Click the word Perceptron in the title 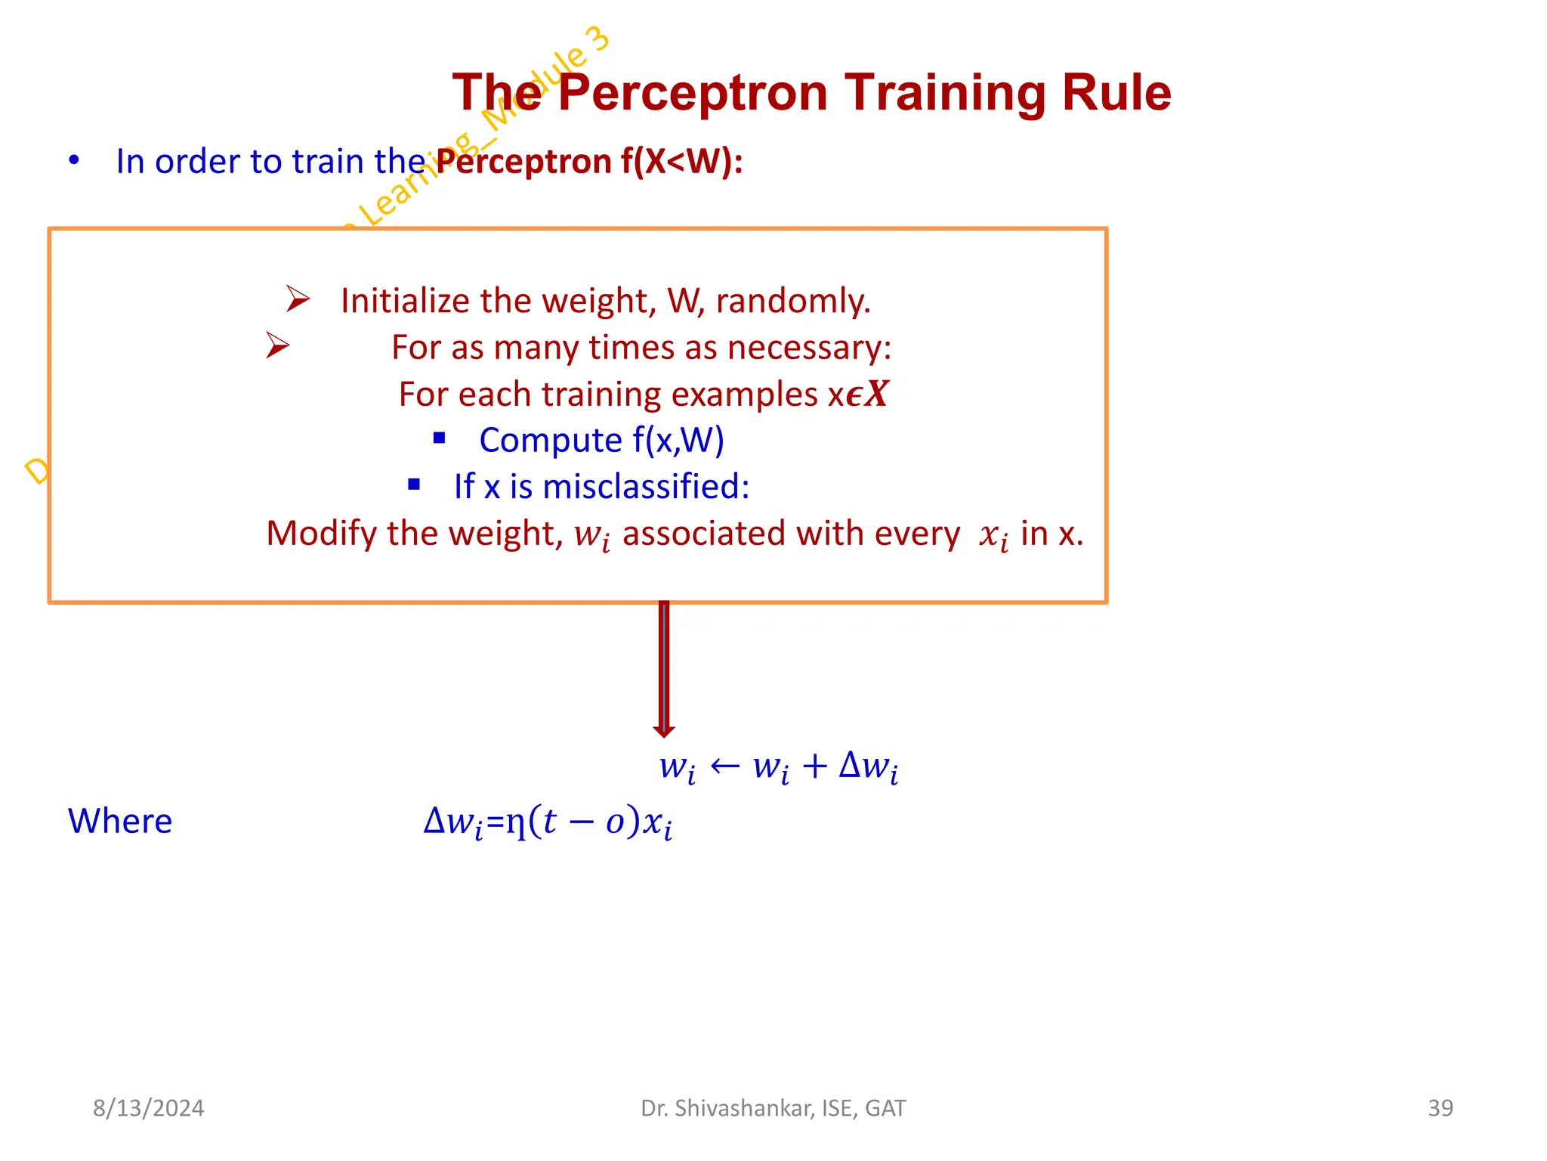[x=693, y=94]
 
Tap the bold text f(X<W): [x=681, y=162]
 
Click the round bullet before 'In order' [x=74, y=160]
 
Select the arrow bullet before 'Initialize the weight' [x=298, y=299]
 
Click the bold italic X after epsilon [x=876, y=393]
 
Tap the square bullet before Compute [x=440, y=438]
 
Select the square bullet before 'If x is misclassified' [x=414, y=485]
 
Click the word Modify [x=321, y=534]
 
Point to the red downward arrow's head [x=664, y=730]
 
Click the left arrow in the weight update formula [x=724, y=766]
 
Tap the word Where [x=120, y=821]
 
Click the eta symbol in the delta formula [x=516, y=822]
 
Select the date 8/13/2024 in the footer [x=148, y=1108]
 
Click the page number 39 [x=1440, y=1108]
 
